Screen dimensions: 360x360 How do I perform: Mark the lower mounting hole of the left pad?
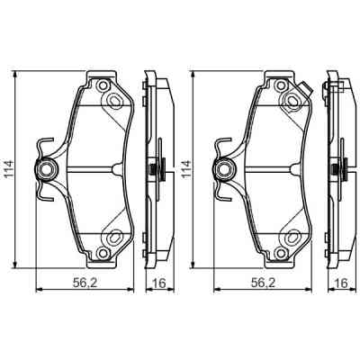coord(113,238)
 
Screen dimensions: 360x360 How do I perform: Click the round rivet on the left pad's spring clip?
coord(45,167)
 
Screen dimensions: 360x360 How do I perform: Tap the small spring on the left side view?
coord(158,167)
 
